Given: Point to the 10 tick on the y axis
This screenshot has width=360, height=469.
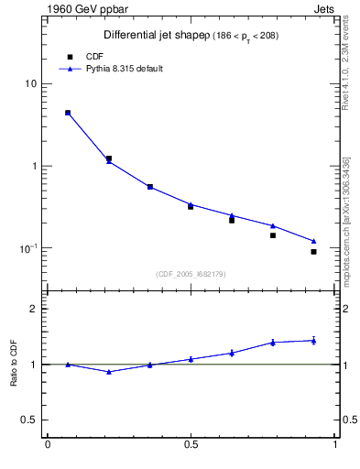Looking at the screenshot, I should tap(31, 84).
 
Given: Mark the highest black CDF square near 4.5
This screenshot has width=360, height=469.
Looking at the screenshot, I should tap(68, 113).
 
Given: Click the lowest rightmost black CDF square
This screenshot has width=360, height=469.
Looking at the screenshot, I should tap(313, 251).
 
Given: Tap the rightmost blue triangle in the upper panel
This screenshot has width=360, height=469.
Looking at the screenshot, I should tap(313, 241).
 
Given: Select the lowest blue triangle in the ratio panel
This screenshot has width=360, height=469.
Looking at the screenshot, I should tap(109, 372).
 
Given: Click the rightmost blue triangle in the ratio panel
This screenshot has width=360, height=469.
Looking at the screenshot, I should tap(313, 341).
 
